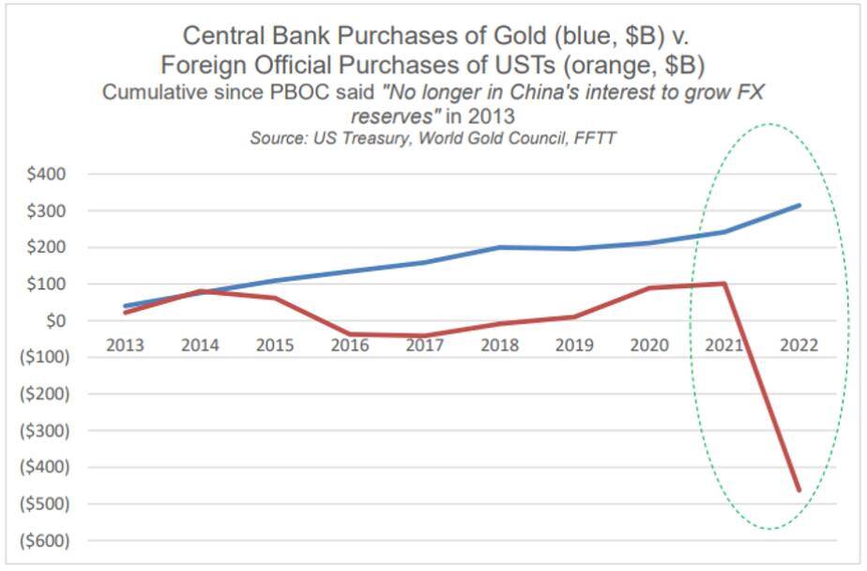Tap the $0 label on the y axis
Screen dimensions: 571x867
54,320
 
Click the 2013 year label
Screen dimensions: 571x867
125,345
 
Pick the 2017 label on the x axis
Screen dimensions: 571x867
424,345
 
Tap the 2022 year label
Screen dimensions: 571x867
799,345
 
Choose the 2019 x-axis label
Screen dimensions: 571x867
574,345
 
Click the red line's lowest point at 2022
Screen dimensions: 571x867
799,490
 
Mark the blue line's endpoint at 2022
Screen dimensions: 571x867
799,205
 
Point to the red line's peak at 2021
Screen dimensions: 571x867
724,284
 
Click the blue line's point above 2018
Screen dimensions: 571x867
499,247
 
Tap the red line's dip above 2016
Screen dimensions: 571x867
349,333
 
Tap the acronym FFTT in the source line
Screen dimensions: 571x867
595,138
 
